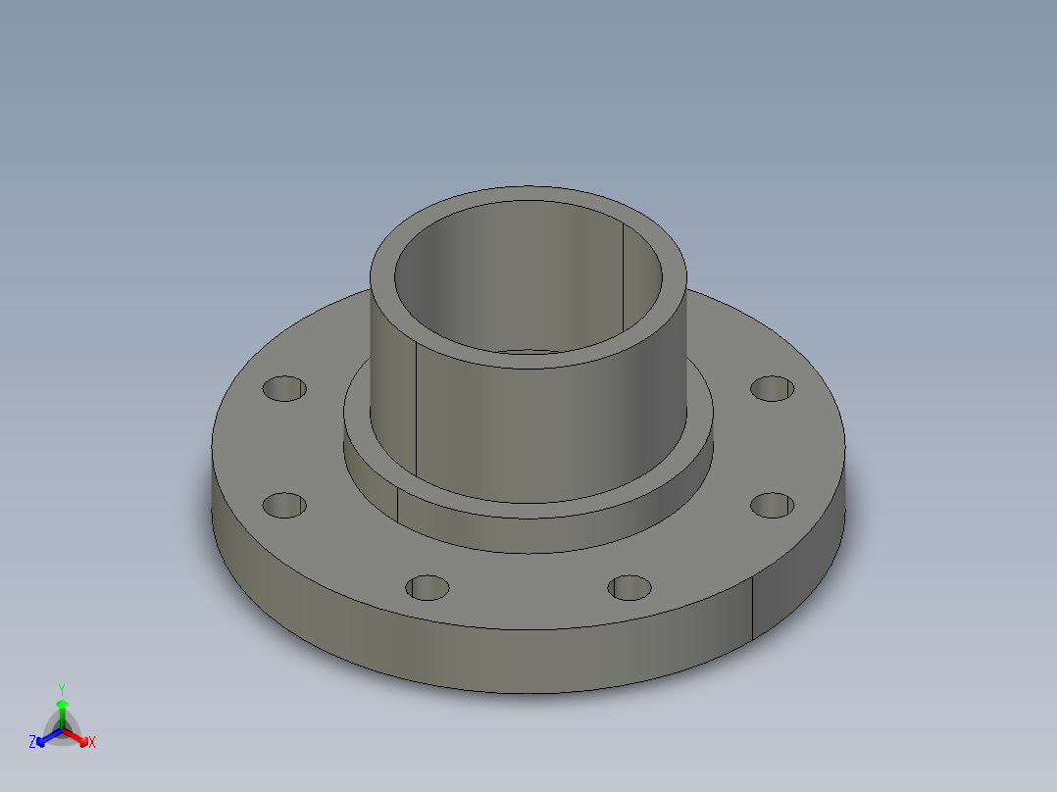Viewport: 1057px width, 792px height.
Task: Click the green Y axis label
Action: point(61,689)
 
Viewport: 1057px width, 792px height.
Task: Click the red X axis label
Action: point(91,743)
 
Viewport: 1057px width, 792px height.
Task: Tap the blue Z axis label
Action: point(32,743)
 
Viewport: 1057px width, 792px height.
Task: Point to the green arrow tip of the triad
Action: point(62,705)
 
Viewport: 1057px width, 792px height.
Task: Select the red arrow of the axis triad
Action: point(78,736)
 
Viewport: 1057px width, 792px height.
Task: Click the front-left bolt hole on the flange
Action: point(427,588)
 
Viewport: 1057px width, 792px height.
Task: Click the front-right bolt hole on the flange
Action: point(629,588)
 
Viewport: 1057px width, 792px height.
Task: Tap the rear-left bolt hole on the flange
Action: point(284,388)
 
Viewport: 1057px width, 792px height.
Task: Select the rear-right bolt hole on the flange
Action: point(773,388)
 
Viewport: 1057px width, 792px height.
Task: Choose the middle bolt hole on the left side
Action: point(284,506)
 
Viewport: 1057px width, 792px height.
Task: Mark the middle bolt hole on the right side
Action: point(773,505)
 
